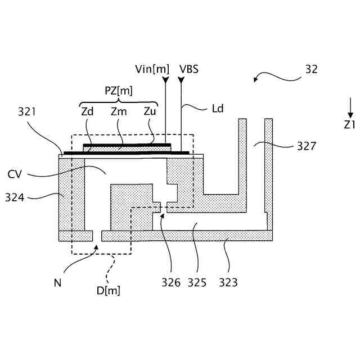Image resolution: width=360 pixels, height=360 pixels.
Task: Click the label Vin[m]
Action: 152,69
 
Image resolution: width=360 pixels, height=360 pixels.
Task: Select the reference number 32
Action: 311,69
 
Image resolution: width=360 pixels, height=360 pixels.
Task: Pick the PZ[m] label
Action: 119,90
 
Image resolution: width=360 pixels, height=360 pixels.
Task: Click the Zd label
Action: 87,111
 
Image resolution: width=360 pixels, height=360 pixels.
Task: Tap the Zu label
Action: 150,111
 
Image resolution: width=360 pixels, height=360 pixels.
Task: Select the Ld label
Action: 217,108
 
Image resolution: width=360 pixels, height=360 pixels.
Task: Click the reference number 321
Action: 26,111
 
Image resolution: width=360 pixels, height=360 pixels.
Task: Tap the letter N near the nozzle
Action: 57,283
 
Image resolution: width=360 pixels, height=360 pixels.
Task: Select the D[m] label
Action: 110,290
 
